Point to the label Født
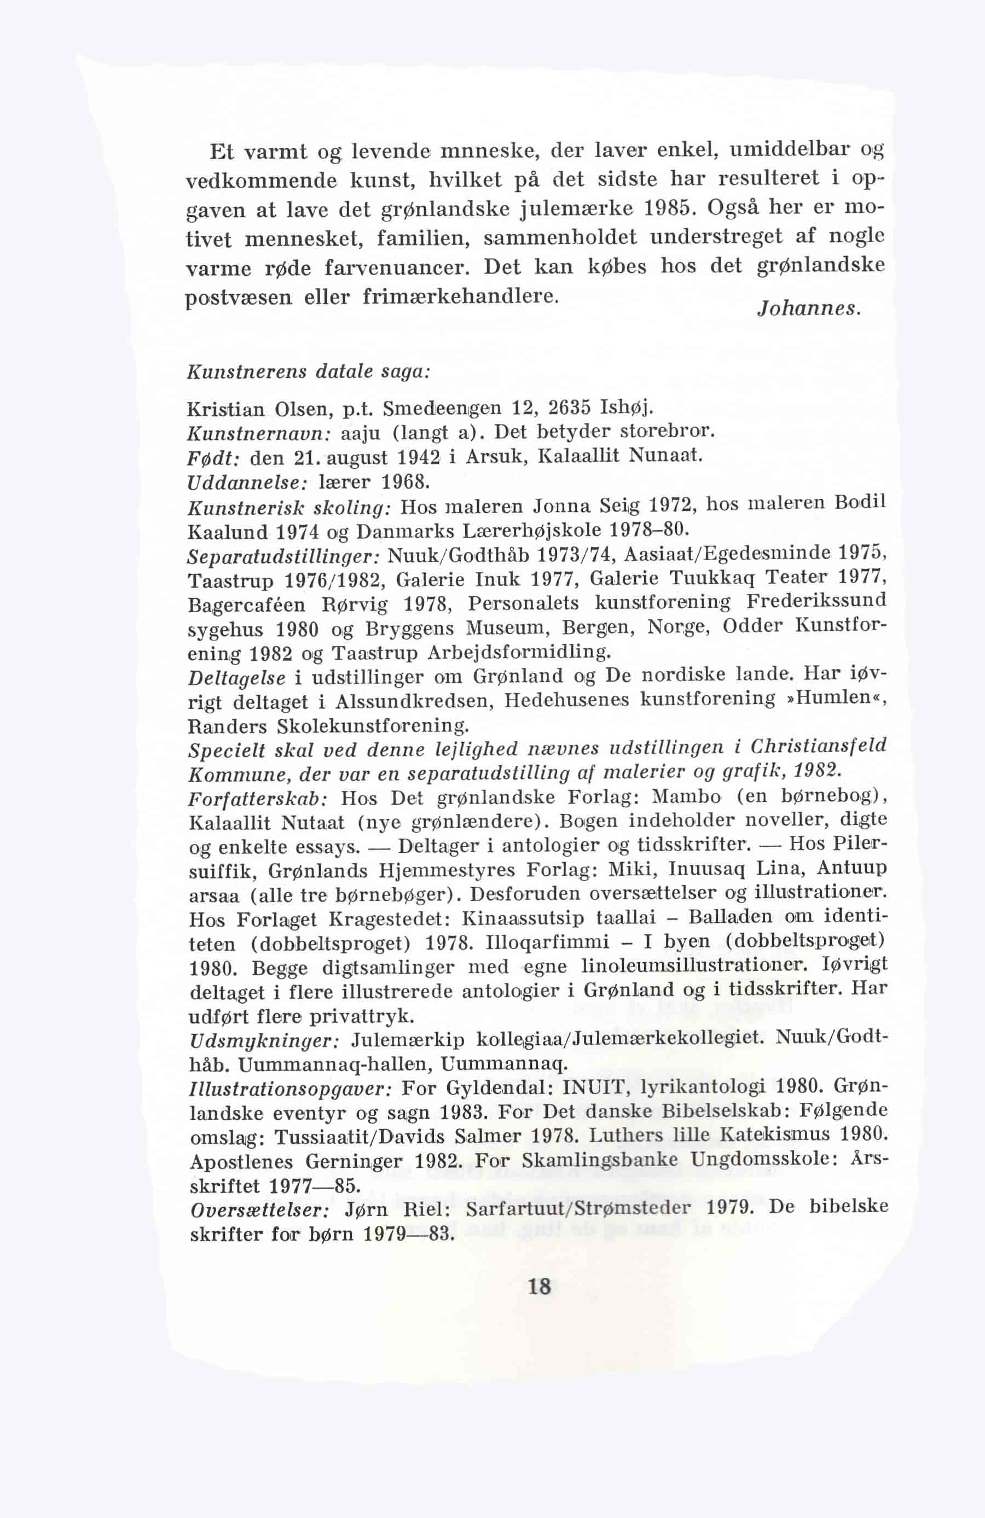pyautogui.click(x=213, y=458)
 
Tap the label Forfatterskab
pyautogui.click(x=258, y=799)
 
